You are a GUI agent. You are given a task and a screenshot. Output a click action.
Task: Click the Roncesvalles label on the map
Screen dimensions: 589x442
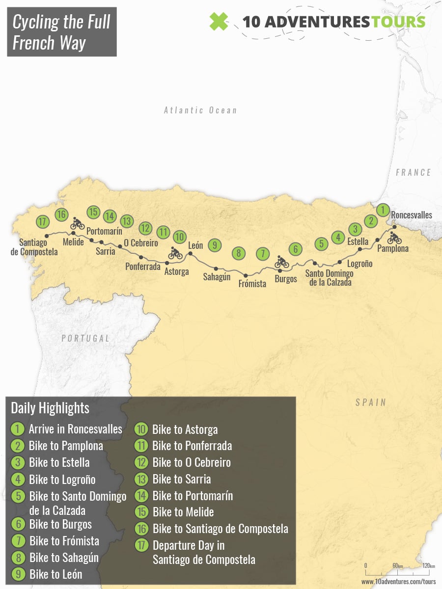point(412,215)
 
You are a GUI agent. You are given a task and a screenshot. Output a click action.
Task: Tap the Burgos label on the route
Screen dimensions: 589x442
point(286,279)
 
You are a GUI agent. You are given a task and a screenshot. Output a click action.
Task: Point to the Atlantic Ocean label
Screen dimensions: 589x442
point(200,110)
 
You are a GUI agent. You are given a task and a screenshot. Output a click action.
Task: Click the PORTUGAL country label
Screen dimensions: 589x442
point(85,338)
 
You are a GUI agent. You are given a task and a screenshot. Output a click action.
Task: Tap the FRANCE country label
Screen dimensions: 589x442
point(414,172)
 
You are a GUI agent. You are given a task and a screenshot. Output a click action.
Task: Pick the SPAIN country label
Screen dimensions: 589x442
point(371,402)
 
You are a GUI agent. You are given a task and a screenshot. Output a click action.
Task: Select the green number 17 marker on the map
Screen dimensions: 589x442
point(43,221)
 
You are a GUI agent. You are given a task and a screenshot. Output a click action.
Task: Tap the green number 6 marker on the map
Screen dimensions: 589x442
point(295,249)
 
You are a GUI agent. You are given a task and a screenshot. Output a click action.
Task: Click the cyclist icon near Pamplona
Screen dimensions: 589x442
point(394,239)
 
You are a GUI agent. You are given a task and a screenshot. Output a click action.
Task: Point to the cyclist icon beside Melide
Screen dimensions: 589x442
point(78,223)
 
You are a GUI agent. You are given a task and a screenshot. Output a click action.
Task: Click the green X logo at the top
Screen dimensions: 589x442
point(219,22)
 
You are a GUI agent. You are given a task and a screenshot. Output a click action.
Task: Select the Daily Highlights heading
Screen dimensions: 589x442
point(50,408)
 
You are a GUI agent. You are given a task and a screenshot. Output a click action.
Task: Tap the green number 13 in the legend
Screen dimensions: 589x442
point(141,479)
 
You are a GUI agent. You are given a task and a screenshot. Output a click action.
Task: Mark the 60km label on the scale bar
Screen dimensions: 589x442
point(397,566)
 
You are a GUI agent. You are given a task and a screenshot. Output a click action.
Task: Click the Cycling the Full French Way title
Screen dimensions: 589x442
point(62,32)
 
